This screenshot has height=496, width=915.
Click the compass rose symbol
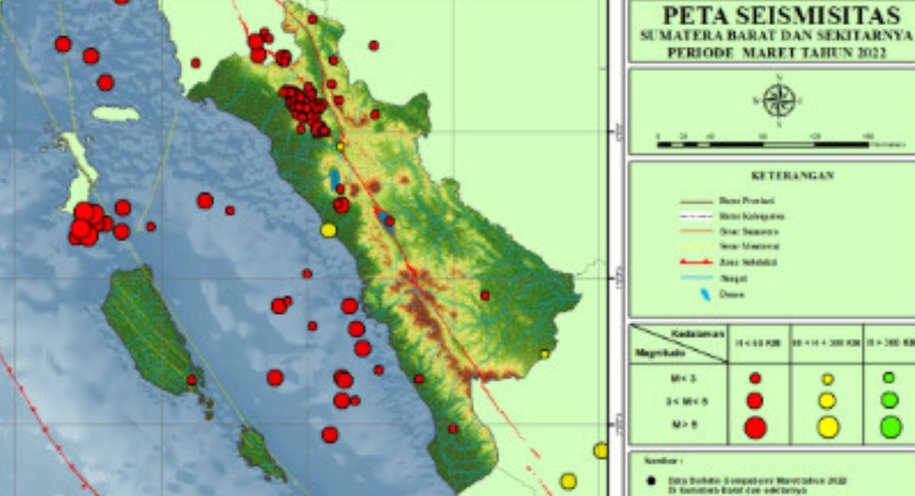779,100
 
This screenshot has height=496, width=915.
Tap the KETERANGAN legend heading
792,175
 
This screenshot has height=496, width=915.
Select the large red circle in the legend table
755,427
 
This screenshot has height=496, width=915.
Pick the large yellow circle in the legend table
828,427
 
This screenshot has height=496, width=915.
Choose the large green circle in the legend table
891,427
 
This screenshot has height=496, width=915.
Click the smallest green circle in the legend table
888,378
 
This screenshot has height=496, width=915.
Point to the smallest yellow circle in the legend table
828,378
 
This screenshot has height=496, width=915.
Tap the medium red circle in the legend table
755,401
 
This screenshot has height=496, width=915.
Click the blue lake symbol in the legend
704,294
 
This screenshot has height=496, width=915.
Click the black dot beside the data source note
650,481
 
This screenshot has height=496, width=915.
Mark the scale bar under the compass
762,143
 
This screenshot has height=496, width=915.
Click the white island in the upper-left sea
116,114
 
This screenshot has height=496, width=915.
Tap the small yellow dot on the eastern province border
544,353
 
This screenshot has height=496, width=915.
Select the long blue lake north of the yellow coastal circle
335,180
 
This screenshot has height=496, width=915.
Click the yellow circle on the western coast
329,230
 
